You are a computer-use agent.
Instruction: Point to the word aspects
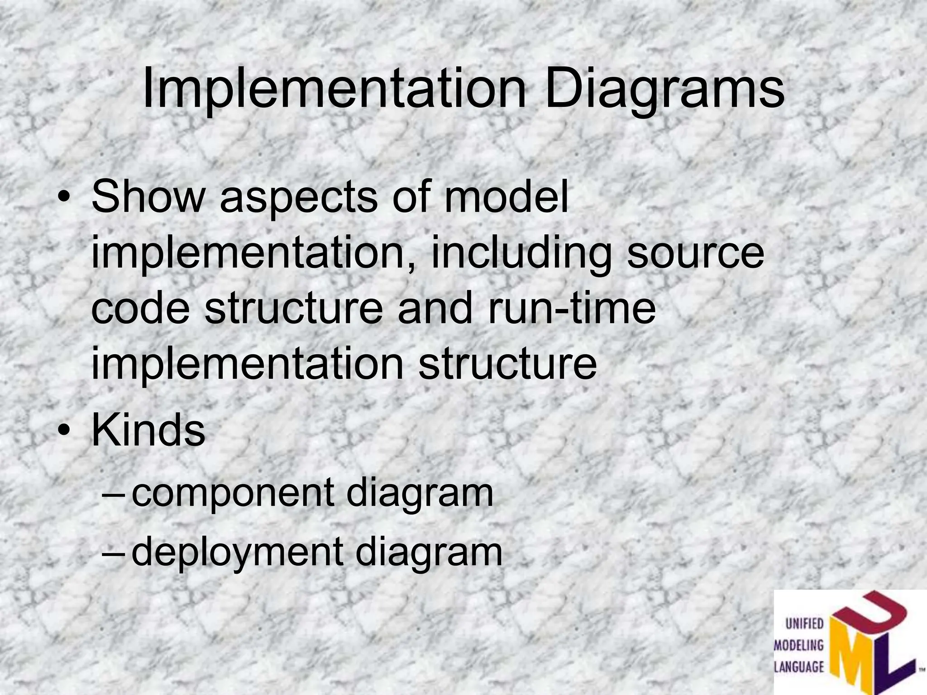298,198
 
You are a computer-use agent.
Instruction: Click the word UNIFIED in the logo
804,624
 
